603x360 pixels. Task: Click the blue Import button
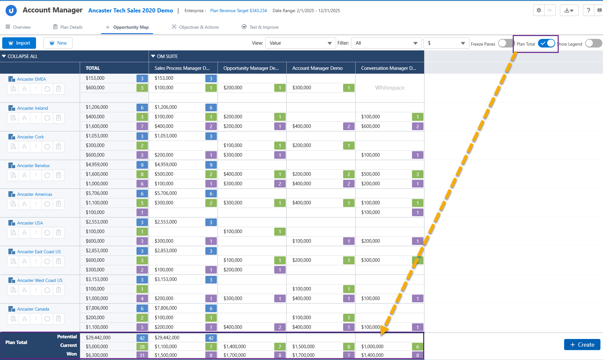19,43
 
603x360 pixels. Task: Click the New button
58,43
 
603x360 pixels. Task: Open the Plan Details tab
68,27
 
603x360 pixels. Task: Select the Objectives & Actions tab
195,27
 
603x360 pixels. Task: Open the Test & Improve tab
260,27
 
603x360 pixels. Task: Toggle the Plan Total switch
547,43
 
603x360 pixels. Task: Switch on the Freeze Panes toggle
505,43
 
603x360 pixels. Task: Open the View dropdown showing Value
300,43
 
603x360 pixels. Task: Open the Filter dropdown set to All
386,43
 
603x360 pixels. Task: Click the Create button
582,345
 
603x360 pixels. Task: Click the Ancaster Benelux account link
33,165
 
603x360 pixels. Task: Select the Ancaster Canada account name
33,309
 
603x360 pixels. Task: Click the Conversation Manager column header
388,68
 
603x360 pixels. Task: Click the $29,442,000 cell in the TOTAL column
98,338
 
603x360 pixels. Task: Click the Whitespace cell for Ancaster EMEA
390,88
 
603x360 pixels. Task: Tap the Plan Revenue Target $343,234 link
239,11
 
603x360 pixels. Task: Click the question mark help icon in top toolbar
588,10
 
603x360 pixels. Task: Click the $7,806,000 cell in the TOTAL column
97,308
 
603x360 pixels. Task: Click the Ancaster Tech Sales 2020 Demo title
131,11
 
